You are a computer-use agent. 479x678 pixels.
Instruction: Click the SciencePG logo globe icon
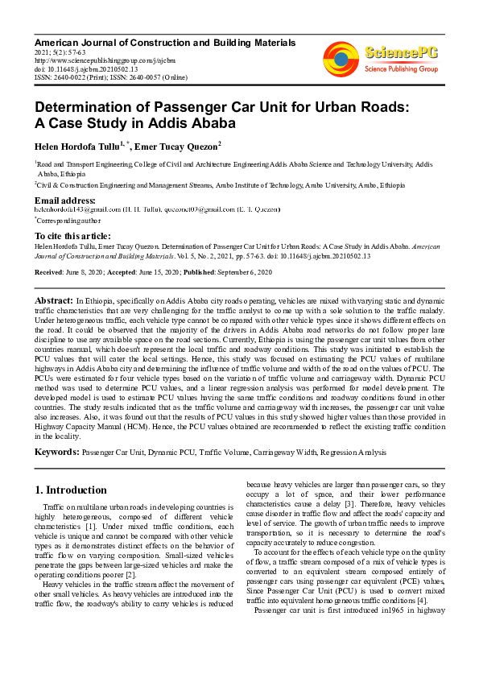point(341,57)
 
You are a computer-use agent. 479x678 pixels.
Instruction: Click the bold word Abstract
point(52,298)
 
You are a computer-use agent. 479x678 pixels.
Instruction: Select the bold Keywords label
point(56,453)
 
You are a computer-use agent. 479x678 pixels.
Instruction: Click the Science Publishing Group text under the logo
point(401,69)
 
